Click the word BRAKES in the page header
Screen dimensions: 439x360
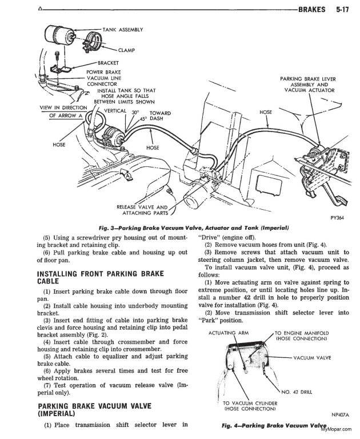[309, 9]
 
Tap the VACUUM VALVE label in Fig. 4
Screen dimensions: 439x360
[313, 359]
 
